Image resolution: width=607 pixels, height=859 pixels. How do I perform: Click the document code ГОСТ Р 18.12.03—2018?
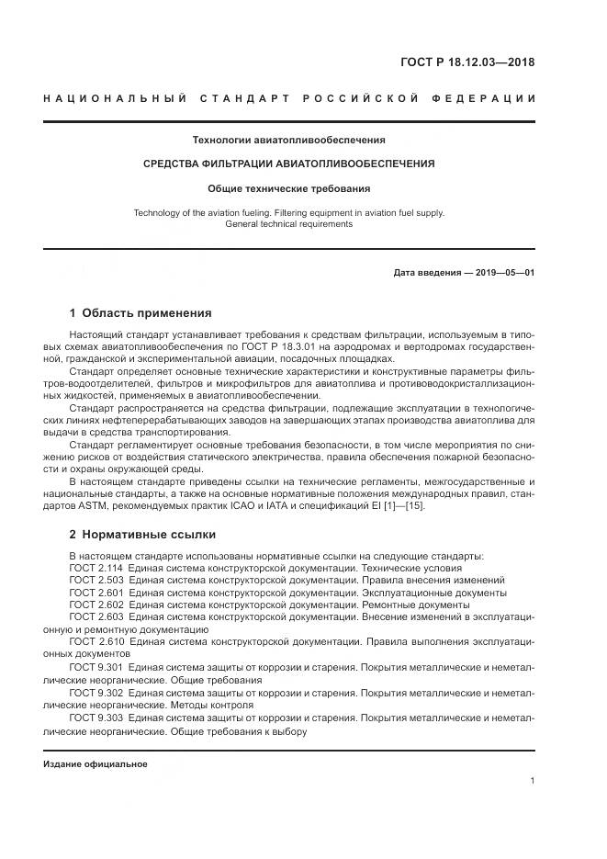click(467, 62)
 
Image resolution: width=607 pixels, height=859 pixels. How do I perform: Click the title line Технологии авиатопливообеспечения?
click(288, 140)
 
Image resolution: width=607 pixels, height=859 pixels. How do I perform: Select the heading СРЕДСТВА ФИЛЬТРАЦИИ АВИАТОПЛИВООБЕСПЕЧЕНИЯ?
click(288, 164)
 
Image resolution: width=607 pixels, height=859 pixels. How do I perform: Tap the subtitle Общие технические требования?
click(288, 188)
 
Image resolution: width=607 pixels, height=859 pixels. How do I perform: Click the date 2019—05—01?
click(505, 273)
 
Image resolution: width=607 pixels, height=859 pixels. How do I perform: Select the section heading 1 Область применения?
click(141, 312)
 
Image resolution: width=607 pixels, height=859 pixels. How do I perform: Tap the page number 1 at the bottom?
click(532, 781)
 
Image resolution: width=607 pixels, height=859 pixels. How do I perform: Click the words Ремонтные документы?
click(419, 605)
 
